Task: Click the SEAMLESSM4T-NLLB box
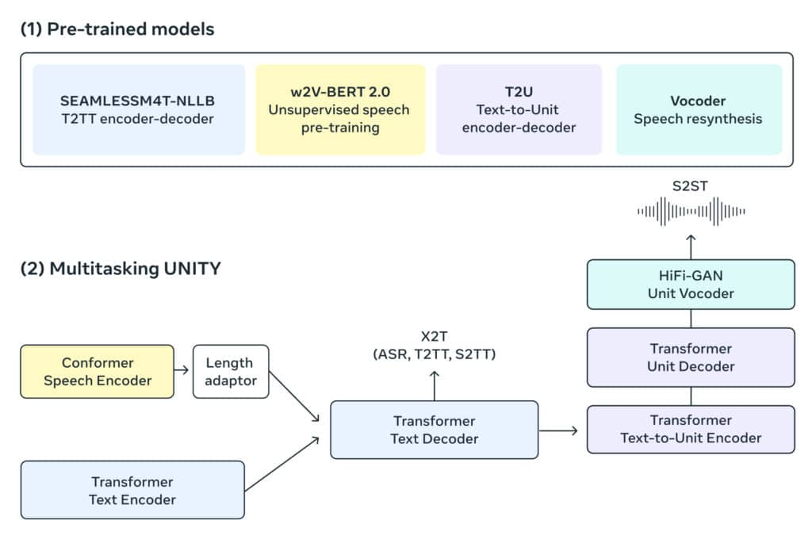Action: tap(139, 110)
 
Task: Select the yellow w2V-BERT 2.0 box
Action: tap(340, 110)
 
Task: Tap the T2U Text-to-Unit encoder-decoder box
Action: tap(519, 110)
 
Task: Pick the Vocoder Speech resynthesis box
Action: tap(699, 110)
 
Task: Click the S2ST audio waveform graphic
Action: tap(691, 212)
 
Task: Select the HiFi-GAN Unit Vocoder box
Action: tap(691, 285)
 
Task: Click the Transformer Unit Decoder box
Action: tap(691, 358)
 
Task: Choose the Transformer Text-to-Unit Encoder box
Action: tap(691, 429)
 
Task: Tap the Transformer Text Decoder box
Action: tap(434, 430)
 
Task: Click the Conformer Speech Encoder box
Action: tap(97, 371)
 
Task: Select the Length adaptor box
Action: tap(231, 371)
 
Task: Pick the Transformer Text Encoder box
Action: tap(132, 490)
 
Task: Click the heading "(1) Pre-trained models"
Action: tap(117, 29)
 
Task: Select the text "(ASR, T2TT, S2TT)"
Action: tap(434, 355)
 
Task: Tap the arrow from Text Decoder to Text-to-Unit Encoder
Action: tap(562, 430)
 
